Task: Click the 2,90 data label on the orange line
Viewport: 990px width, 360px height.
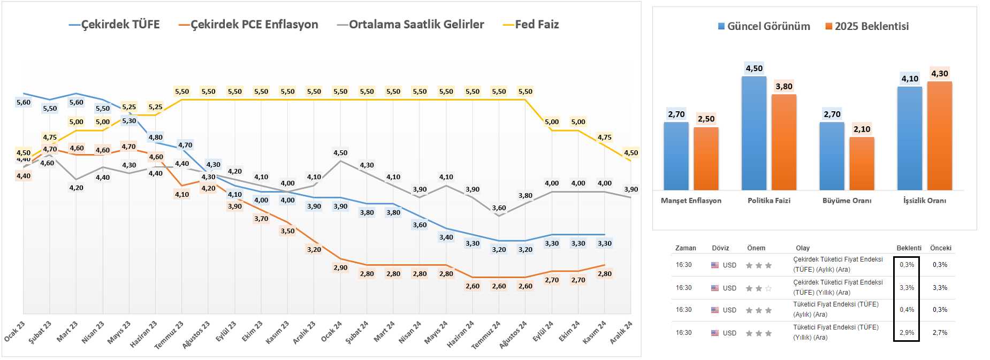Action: (x=340, y=267)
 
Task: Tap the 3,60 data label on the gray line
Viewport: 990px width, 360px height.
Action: (x=499, y=208)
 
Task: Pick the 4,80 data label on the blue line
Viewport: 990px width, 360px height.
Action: (x=155, y=137)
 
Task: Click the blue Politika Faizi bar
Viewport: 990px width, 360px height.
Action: (x=754, y=133)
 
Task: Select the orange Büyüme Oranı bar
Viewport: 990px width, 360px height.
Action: (x=862, y=163)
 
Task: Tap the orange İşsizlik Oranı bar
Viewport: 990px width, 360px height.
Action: (x=939, y=136)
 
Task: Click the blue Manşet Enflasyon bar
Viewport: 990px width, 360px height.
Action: (x=676, y=156)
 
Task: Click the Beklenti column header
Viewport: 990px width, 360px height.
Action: (x=909, y=248)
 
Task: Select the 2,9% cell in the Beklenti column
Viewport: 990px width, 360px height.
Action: (x=907, y=333)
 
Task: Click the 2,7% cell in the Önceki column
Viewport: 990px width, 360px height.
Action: (x=940, y=333)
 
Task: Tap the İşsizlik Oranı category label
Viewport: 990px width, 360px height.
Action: (x=924, y=201)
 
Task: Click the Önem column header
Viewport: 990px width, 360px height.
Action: (x=756, y=248)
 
